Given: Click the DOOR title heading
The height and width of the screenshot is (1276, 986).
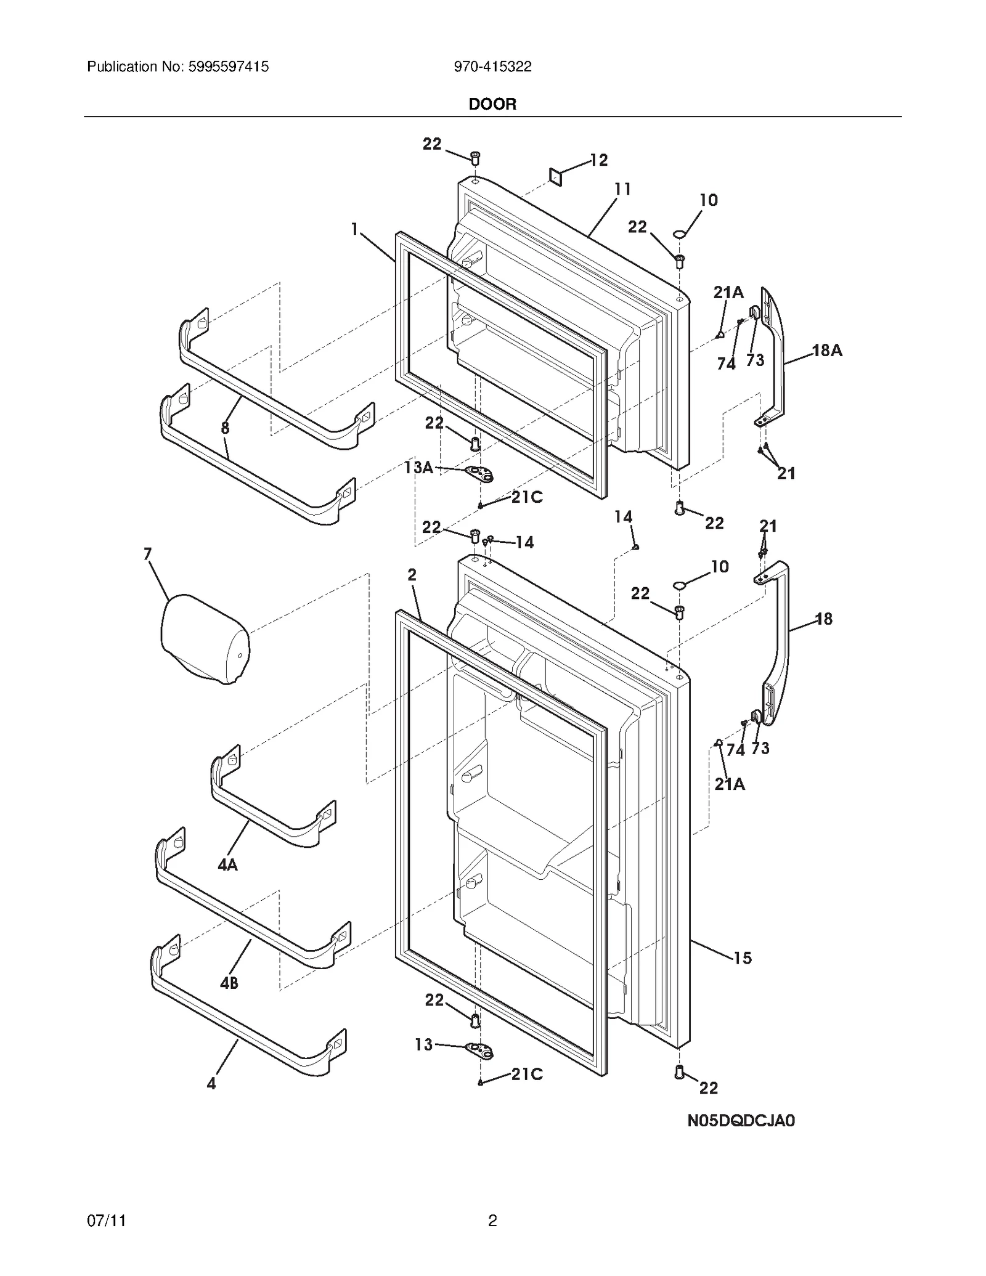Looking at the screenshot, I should (492, 104).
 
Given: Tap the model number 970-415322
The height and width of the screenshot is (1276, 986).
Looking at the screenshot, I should (492, 67).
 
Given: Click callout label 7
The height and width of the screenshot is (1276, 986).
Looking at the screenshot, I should (147, 554).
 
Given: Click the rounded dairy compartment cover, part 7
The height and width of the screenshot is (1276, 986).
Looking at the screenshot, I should (205, 639).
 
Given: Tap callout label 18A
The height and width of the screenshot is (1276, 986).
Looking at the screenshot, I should (827, 351).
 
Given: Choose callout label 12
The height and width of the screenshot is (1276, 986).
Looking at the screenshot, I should (598, 160).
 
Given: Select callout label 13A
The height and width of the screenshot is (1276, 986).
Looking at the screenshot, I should (418, 468).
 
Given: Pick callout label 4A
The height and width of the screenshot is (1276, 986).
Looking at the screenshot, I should (227, 865).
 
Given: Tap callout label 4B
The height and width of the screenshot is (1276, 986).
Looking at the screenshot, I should (229, 983).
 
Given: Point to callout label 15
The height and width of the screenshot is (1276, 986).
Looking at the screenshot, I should (743, 958).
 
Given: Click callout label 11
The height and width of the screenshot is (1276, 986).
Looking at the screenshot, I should (622, 189).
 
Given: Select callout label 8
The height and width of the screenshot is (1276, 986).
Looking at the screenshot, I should (225, 428).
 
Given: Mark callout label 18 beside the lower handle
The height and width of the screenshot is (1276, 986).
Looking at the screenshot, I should (824, 619).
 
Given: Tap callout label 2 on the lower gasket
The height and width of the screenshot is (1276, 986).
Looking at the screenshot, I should (412, 575).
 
